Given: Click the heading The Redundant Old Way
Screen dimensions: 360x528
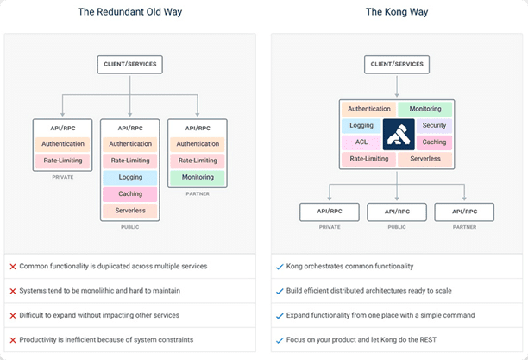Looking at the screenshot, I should (129, 12).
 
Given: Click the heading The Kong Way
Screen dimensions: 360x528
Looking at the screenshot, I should (397, 12).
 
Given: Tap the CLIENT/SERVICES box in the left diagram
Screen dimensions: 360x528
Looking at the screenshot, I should (129, 63).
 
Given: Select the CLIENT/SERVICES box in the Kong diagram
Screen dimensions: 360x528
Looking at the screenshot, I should (397, 63).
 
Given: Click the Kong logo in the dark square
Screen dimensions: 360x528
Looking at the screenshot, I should (398, 134).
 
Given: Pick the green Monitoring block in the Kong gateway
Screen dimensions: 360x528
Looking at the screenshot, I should (425, 110).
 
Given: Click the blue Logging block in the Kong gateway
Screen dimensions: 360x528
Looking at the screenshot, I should (362, 126).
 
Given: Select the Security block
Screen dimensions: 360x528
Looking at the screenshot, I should (434, 126).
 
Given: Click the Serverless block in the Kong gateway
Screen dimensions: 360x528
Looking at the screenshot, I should (425, 159).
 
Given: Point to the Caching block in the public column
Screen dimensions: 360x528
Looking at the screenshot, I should (129, 194).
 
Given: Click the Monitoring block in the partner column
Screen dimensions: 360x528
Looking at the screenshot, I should (198, 177).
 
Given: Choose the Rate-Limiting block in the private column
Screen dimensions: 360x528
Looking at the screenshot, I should (62, 161).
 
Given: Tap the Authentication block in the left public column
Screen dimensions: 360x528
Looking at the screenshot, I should (129, 144).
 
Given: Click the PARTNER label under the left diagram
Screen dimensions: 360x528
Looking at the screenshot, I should (198, 193).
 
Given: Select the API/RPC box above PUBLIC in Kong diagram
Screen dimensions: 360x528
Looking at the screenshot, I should (397, 211).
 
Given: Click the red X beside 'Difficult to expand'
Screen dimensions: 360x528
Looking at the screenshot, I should (13, 315).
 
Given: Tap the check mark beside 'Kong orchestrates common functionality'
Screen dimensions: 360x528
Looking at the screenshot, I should (279, 267).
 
